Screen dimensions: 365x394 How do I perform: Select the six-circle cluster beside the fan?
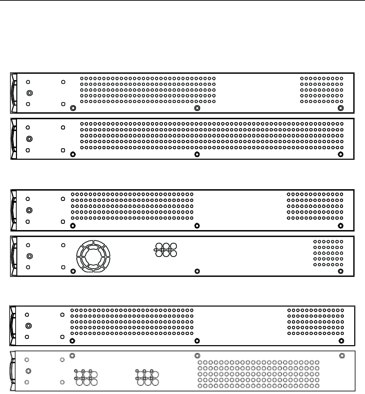click(x=165, y=249)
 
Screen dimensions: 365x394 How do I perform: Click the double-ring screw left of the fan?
click(x=29, y=256)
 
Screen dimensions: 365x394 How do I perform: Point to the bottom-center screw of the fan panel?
click(x=197, y=271)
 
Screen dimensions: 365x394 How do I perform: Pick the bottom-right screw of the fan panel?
click(x=341, y=271)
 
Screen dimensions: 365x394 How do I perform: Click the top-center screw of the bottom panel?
click(x=197, y=356)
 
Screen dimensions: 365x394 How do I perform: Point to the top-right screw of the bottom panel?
click(x=341, y=356)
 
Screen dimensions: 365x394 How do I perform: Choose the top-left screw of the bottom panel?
click(x=72, y=356)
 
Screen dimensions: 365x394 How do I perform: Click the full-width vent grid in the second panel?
click(x=211, y=135)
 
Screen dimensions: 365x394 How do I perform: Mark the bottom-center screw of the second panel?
click(x=197, y=154)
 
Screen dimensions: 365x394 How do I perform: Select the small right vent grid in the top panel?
click(x=321, y=90)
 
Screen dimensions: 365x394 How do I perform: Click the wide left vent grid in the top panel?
click(x=148, y=90)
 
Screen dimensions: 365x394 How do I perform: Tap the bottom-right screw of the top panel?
click(x=341, y=108)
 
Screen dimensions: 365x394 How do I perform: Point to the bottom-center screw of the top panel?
click(x=197, y=108)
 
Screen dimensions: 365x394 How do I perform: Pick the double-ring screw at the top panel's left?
click(x=29, y=93)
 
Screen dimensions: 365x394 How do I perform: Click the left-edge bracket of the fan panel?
click(x=13, y=256)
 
